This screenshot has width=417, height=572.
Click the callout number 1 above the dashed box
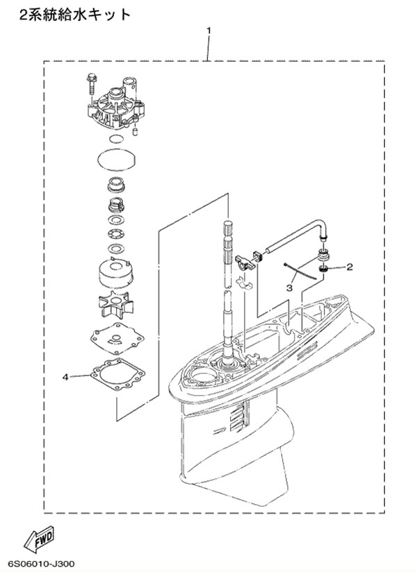tap(208, 31)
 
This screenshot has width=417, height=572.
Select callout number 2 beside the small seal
tap(350, 267)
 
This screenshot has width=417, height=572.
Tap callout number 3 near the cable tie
tap(289, 288)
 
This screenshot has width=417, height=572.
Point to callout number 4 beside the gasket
tap(65, 377)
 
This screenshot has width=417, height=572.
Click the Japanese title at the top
tap(74, 15)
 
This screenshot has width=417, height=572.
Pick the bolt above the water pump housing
tap(90, 85)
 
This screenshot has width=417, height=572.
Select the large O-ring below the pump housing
tap(117, 159)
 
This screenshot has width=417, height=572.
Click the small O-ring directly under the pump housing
tap(116, 139)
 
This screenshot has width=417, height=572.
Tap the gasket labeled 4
tap(117, 376)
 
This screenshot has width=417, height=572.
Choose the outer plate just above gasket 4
tap(117, 339)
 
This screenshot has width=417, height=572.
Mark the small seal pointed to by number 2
tap(322, 269)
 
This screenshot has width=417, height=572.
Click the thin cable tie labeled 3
tap(298, 272)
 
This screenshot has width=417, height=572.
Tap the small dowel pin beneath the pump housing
tap(134, 131)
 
